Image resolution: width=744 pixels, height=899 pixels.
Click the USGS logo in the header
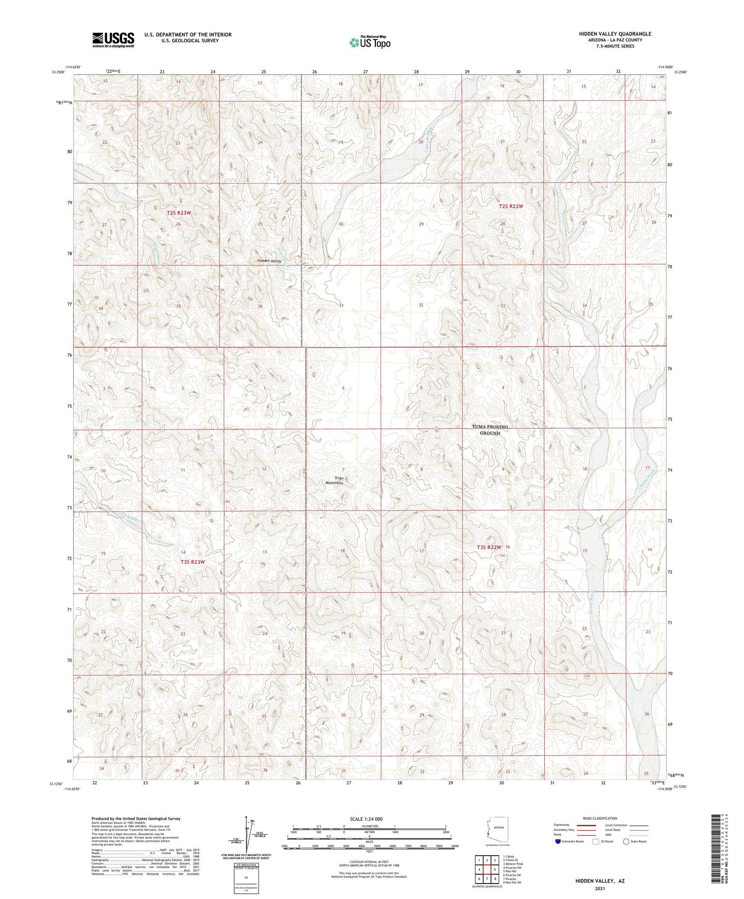113,39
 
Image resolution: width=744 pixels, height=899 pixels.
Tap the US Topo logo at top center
369,42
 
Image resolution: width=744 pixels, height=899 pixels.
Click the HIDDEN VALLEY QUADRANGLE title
615,34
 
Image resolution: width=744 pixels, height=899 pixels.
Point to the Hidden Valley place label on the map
269,261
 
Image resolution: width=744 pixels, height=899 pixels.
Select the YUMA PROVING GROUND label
490,430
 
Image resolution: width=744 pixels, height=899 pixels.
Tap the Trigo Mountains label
335,480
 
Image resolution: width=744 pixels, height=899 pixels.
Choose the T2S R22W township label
511,206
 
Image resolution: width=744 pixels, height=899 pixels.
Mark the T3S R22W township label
489,547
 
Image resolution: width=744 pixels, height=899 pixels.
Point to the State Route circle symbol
626,841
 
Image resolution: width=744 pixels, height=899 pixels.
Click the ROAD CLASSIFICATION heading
600,818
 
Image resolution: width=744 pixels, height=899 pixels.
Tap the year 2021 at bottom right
600,888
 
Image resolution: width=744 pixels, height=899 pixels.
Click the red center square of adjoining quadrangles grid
487,870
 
